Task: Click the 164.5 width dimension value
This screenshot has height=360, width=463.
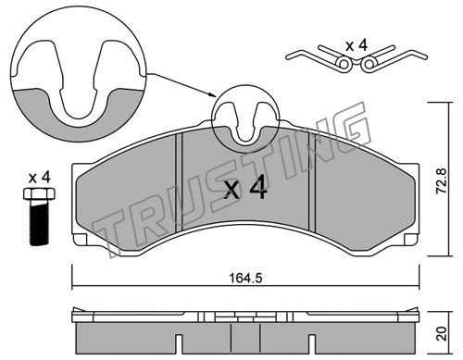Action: (x=245, y=279)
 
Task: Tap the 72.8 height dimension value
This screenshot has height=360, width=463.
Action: (x=441, y=180)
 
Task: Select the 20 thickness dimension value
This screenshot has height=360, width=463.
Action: (x=442, y=333)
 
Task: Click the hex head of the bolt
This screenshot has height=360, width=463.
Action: (x=39, y=193)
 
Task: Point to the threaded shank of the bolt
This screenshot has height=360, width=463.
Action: (x=39, y=222)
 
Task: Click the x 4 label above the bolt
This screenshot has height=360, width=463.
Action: (x=39, y=178)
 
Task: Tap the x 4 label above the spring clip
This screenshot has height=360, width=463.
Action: (x=357, y=45)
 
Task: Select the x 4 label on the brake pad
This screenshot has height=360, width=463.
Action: (x=245, y=189)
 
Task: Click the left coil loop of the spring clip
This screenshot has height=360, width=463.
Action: (x=344, y=64)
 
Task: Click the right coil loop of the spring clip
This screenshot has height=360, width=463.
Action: (x=369, y=64)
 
